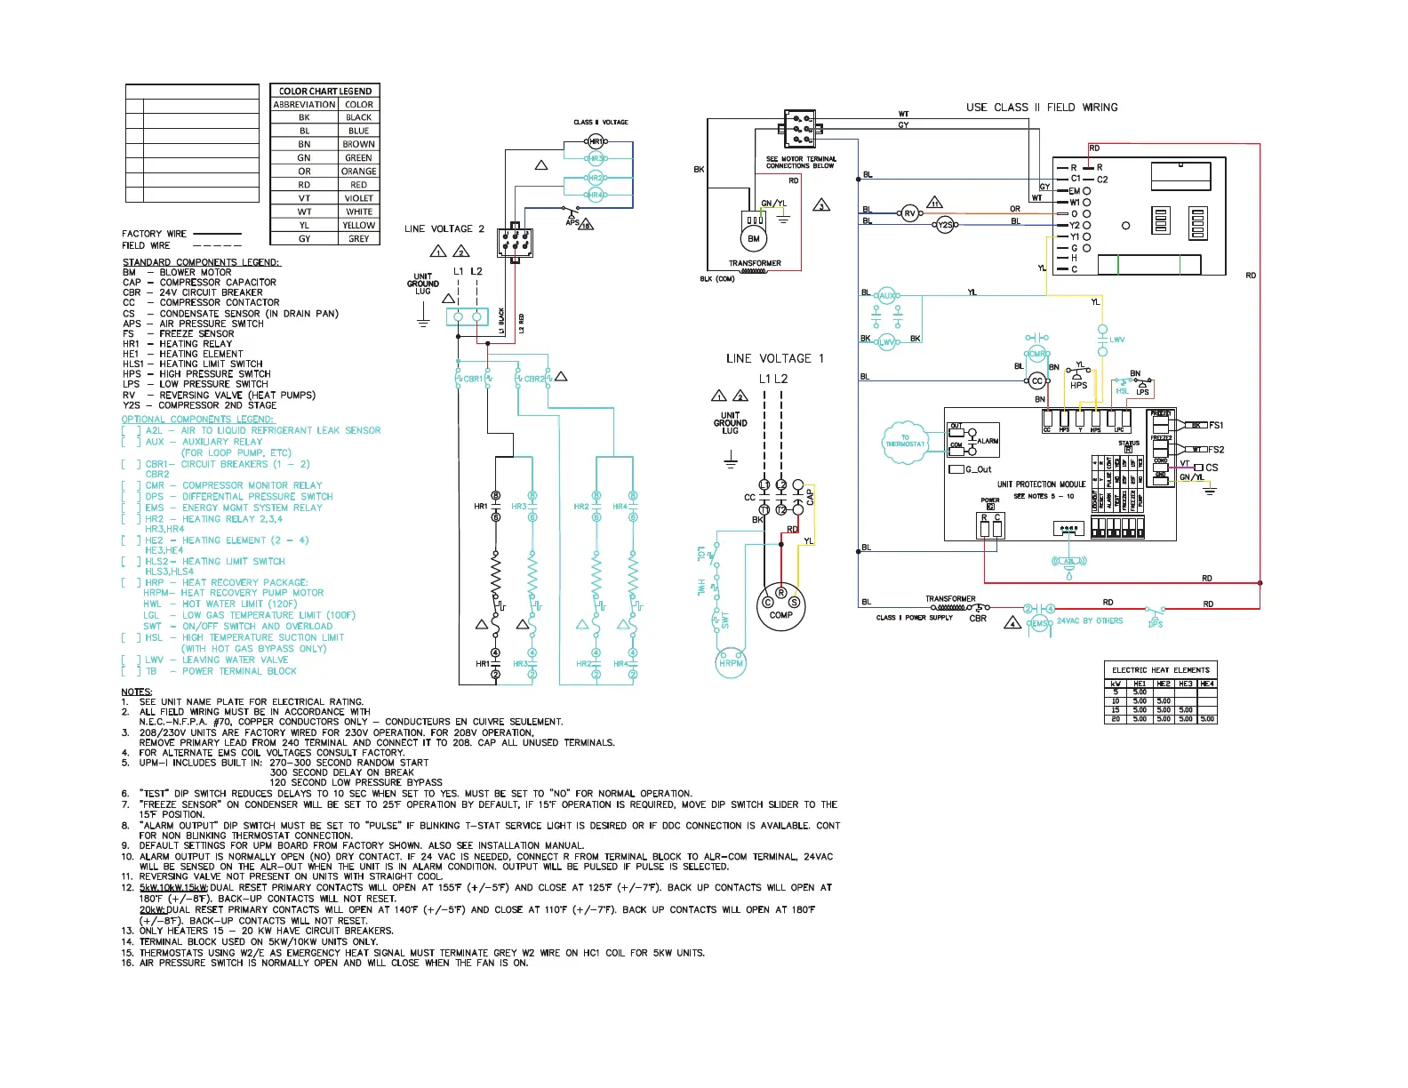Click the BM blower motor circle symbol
click(x=753, y=238)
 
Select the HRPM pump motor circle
click(x=731, y=663)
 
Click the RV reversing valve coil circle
click(x=909, y=213)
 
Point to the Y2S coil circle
click(x=946, y=225)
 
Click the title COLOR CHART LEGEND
click(x=325, y=91)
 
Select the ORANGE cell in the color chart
click(x=359, y=172)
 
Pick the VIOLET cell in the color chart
click(x=359, y=198)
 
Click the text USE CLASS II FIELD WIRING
click(x=1042, y=108)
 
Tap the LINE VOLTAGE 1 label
click(x=774, y=358)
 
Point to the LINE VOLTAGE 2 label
click(x=444, y=228)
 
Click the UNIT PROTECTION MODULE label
click(x=1041, y=484)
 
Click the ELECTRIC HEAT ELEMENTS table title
click(x=1160, y=669)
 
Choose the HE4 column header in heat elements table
click(x=1206, y=684)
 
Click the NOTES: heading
click(x=137, y=692)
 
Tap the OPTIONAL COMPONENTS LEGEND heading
click(x=197, y=419)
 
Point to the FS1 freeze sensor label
click(x=1216, y=425)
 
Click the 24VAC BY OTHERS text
click(x=1090, y=620)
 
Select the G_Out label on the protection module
click(x=978, y=469)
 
